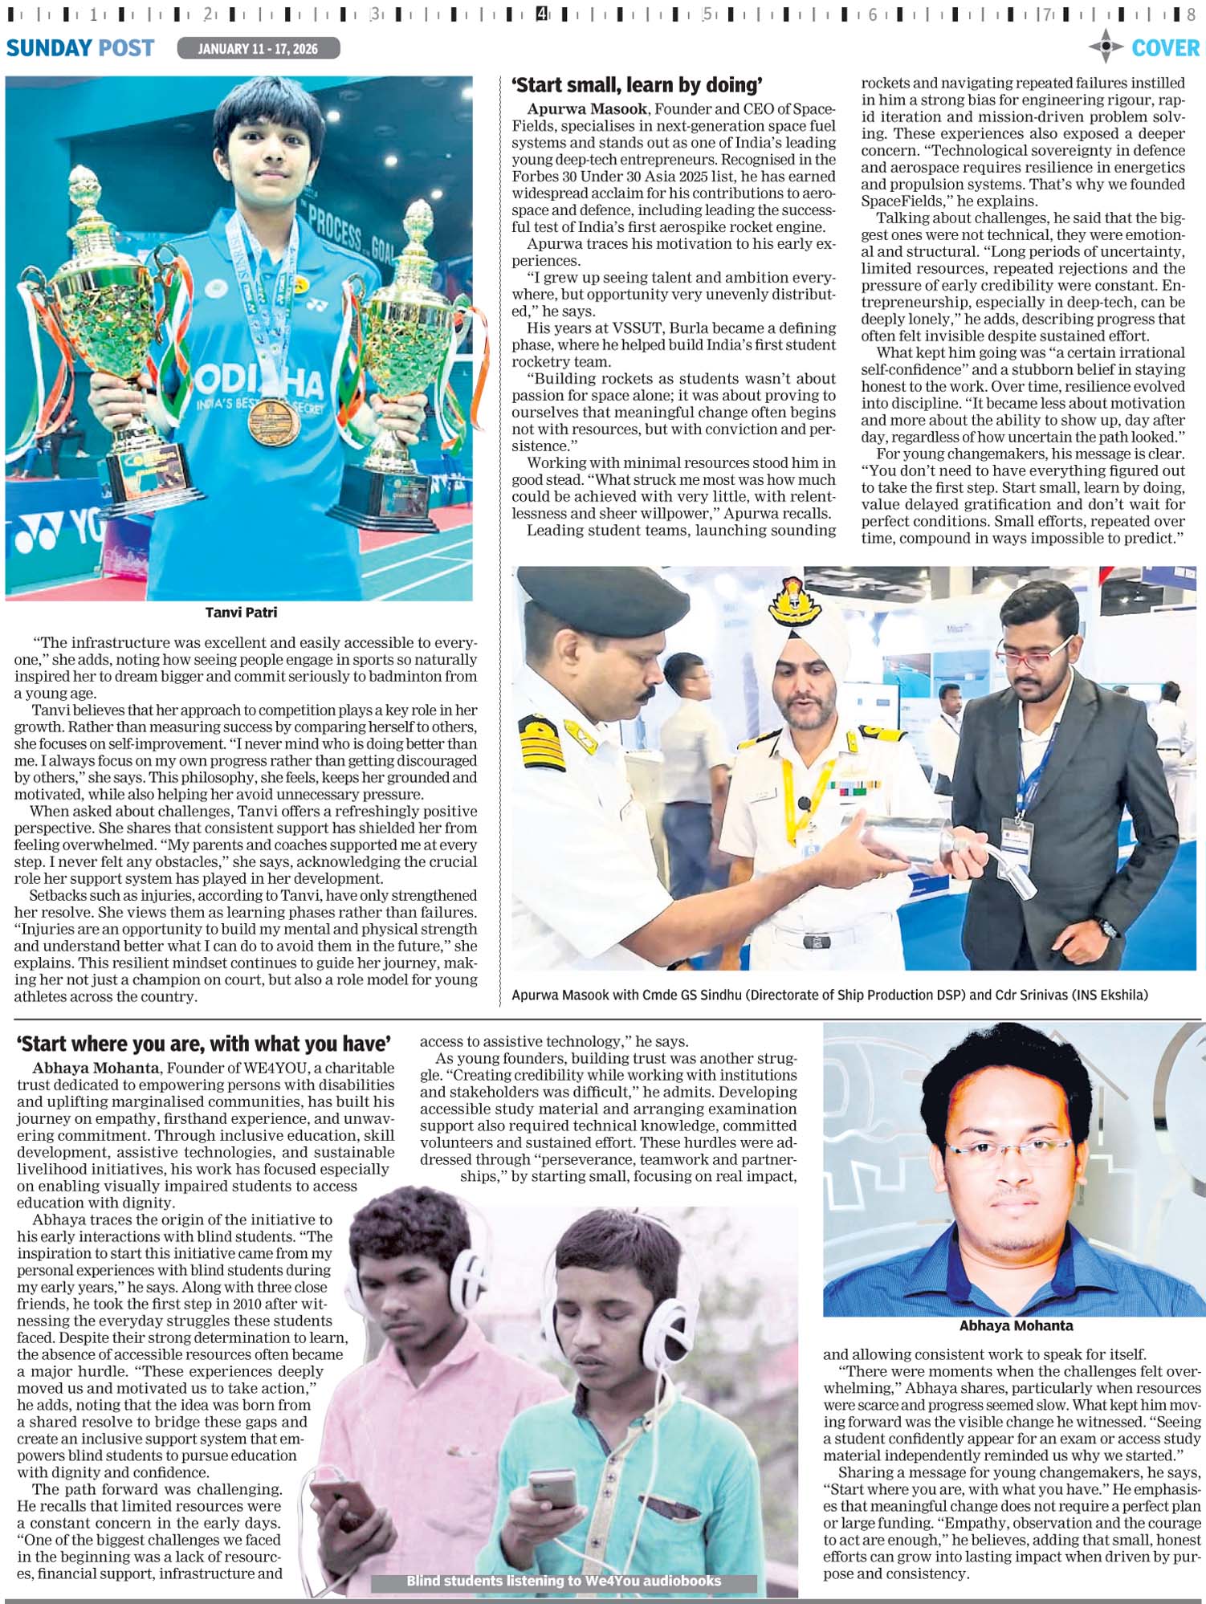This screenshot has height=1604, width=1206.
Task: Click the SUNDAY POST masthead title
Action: (80, 48)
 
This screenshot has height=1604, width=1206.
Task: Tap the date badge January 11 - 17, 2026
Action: (258, 49)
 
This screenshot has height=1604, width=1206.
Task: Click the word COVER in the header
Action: (1165, 48)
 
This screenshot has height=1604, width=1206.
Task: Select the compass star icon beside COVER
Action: (1106, 47)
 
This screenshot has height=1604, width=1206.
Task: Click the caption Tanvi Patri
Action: (241, 613)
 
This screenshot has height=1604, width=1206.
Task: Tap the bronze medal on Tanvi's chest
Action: (274, 421)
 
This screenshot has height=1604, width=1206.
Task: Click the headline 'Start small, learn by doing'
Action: (637, 85)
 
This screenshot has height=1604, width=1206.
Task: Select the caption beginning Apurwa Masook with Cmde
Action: (829, 995)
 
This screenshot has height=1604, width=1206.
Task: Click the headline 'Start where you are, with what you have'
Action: (204, 1044)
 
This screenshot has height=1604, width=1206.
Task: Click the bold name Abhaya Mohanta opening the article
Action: (96, 1068)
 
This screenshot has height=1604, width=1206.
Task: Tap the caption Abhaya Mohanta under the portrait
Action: (1016, 1325)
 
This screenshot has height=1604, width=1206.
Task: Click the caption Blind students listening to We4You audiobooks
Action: (563, 1581)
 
